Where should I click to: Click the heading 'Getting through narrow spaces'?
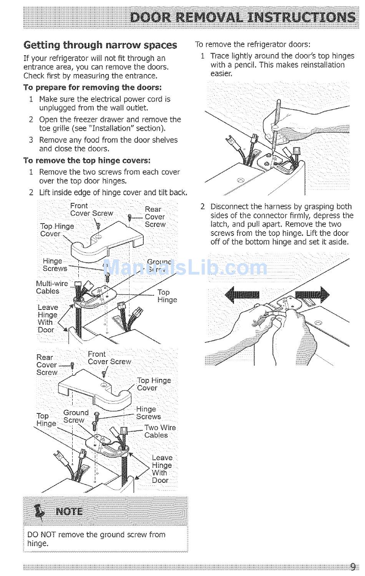[x=100, y=45]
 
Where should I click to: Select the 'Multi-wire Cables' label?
[x=52, y=287]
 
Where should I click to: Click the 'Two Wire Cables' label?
[x=160, y=431]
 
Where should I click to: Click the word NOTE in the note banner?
[x=69, y=512]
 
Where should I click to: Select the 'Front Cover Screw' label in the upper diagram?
[x=91, y=209]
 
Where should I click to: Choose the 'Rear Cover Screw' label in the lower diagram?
[x=47, y=365]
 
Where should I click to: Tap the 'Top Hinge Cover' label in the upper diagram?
[x=57, y=230]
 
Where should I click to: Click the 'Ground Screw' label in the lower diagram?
[x=76, y=416]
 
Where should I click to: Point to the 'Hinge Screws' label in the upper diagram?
[x=55, y=265]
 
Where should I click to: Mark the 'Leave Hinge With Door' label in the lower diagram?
[x=162, y=469]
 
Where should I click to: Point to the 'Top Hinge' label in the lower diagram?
[x=46, y=420]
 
